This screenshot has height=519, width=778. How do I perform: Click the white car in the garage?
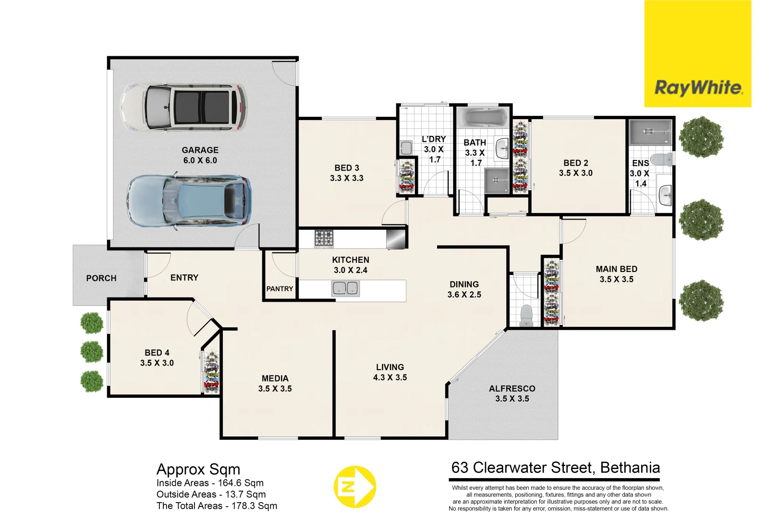coord(184,107)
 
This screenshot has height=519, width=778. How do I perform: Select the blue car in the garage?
coord(189,200)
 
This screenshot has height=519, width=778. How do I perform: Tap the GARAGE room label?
coord(200,150)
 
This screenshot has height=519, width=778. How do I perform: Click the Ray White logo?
coord(697,88)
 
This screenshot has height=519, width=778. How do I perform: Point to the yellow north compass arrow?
coord(354,487)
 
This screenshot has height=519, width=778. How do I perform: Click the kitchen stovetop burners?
coord(324,238)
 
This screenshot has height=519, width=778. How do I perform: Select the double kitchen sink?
coord(345,288)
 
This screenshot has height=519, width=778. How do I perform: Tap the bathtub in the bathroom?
coord(482,118)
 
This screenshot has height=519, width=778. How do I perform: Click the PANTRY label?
coord(280,289)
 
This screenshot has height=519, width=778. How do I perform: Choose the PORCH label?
coord(101,278)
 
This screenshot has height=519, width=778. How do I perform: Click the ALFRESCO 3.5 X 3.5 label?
coord(512,394)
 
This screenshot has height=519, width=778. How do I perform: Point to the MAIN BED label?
coord(616,269)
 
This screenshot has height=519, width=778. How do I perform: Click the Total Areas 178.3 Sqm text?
coord(217,506)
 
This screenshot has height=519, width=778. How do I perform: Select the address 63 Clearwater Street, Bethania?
coord(555,468)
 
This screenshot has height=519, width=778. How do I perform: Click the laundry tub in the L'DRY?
coord(406,148)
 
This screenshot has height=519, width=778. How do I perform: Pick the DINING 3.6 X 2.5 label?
coord(464,289)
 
